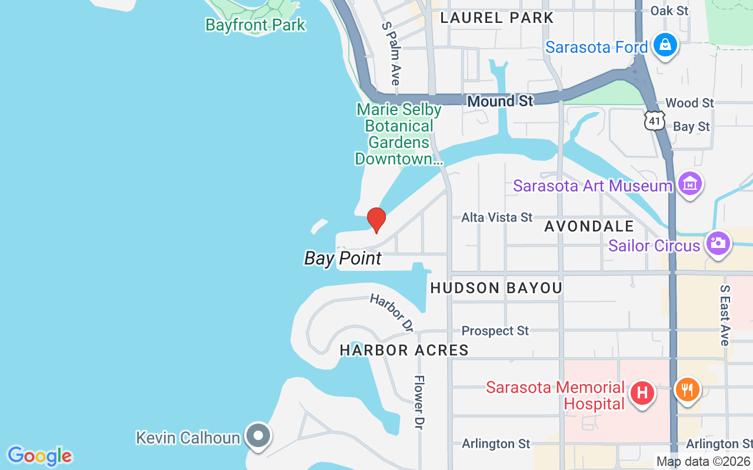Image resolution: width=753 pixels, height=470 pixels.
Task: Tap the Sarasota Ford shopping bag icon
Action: tap(665, 46)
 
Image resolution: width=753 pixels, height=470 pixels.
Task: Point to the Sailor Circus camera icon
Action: tap(718, 243)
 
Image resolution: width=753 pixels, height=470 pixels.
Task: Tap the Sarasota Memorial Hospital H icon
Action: tap(642, 392)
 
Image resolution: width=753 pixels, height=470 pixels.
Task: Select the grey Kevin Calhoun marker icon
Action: tap(258, 437)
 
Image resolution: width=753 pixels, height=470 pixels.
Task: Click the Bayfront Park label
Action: tap(255, 25)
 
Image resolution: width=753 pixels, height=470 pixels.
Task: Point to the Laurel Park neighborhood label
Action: tap(497, 18)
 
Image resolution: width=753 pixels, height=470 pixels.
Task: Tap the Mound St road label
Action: tap(500, 102)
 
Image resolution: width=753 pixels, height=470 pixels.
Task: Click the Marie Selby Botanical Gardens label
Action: tap(399, 135)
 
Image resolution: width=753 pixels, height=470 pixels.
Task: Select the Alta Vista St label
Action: tap(497, 217)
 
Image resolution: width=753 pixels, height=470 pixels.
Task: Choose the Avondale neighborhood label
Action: tap(589, 226)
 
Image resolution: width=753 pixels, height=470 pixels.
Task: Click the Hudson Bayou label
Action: tap(497, 288)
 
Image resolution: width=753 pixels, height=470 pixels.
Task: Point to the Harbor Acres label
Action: tap(404, 350)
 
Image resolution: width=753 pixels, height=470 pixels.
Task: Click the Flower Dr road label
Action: tap(419, 402)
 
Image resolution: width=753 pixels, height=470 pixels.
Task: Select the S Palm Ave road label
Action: tap(391, 53)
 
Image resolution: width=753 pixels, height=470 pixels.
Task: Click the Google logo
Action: tap(39, 456)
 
